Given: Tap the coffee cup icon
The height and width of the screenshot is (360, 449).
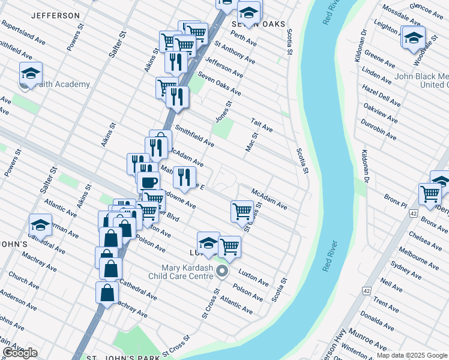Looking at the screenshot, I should [x=148, y=182].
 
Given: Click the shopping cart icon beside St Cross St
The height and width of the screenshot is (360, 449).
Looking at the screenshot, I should [x=242, y=211].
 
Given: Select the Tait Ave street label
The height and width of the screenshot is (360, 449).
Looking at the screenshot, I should [x=262, y=125].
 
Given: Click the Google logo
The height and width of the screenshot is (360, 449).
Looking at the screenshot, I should [x=20, y=353].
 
